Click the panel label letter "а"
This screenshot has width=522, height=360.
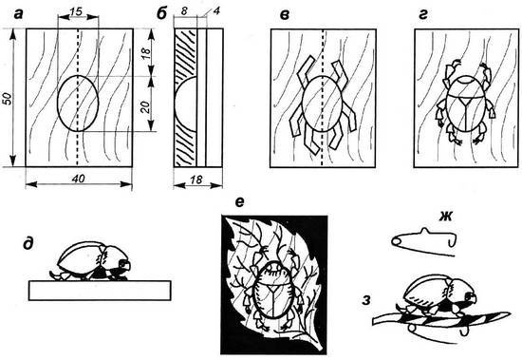point(19,14)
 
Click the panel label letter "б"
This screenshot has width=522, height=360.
point(161,13)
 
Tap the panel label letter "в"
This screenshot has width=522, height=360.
point(284,14)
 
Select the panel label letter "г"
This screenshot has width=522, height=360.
point(422,14)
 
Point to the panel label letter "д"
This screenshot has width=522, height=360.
point(28,244)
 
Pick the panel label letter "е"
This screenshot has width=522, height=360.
point(240,202)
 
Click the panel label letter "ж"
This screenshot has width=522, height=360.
point(445,217)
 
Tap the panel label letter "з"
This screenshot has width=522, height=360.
point(366,300)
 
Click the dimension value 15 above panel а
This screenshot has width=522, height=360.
point(76,11)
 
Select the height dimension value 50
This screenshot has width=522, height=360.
point(8,99)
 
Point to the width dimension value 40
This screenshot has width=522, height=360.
point(79,179)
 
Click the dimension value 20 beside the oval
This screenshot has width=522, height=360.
point(145,106)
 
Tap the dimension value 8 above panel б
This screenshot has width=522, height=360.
point(184,11)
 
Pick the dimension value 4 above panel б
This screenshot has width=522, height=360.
point(216,11)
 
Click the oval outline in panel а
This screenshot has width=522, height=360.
point(57,104)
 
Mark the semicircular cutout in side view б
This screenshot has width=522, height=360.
point(176,104)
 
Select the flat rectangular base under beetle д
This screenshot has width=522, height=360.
point(100,291)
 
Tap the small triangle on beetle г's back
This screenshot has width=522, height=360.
point(465,101)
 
